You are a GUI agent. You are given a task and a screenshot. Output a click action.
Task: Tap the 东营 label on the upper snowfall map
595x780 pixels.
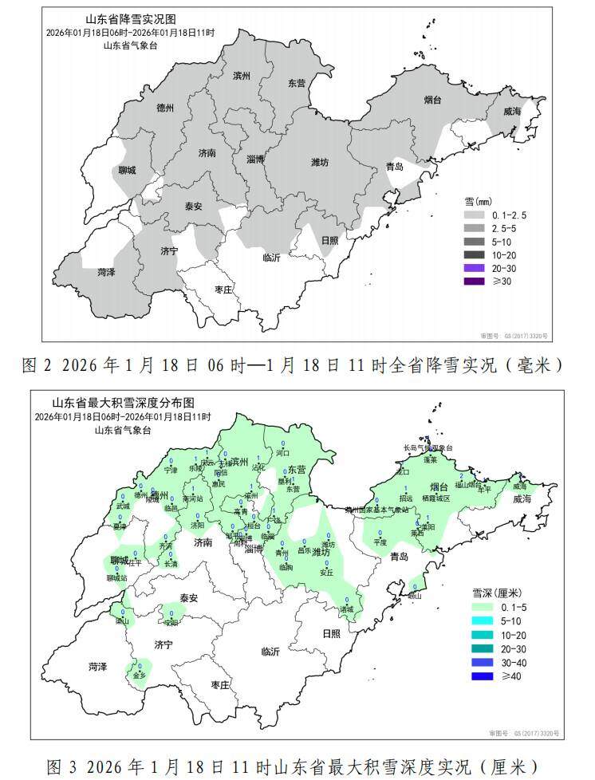297,83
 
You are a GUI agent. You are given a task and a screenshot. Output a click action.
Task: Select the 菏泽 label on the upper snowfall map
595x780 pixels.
106,272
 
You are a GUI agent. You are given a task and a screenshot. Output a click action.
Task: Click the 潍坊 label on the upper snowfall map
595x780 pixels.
319,162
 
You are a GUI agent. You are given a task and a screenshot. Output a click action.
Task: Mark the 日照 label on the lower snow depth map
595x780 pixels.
331,632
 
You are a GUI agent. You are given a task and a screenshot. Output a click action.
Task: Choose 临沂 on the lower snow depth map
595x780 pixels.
271,652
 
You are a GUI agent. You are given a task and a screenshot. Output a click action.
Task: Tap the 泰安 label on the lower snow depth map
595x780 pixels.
188,597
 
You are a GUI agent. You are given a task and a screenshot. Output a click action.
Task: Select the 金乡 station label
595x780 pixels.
140,675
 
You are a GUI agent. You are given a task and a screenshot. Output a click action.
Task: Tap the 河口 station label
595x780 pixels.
282,452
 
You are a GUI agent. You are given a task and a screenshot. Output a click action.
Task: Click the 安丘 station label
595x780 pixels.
326,572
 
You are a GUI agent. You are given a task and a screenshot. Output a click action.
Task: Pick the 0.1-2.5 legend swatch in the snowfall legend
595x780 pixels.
475,215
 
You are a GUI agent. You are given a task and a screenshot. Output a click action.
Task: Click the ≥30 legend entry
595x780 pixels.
475,280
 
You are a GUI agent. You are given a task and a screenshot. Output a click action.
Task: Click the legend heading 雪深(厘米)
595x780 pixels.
496,593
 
